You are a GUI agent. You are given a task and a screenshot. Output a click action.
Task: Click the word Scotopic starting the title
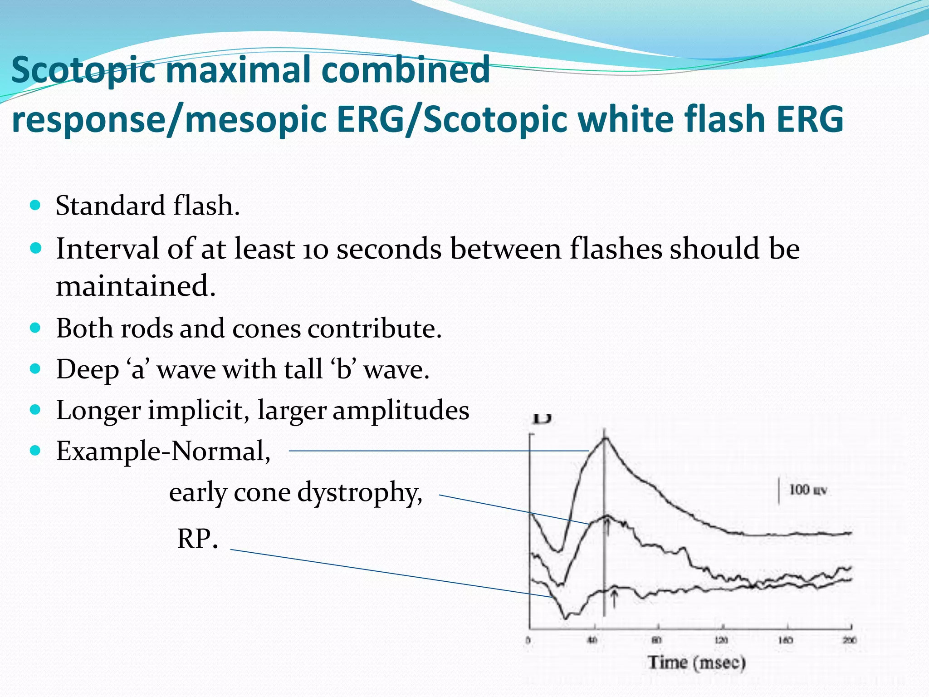[x=84, y=70]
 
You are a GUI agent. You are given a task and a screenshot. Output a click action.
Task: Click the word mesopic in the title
[x=254, y=119]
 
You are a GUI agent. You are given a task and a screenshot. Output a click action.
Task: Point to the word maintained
[x=135, y=286]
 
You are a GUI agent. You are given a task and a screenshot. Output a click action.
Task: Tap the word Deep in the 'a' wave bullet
[x=87, y=369]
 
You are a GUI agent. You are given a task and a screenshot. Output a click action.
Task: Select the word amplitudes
[x=401, y=410]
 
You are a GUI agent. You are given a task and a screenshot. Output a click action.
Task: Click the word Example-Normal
[x=163, y=451]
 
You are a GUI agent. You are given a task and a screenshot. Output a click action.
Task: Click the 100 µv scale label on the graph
[x=807, y=490]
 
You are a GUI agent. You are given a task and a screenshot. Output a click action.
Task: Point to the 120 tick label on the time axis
[x=721, y=640]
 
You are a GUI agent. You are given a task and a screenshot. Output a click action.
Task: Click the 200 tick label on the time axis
[x=849, y=640]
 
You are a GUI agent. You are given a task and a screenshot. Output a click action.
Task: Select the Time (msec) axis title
[x=696, y=663]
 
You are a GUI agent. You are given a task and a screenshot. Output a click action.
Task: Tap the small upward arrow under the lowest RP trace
[x=614, y=598]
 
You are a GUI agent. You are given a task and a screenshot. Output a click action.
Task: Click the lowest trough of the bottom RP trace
[x=566, y=617]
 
